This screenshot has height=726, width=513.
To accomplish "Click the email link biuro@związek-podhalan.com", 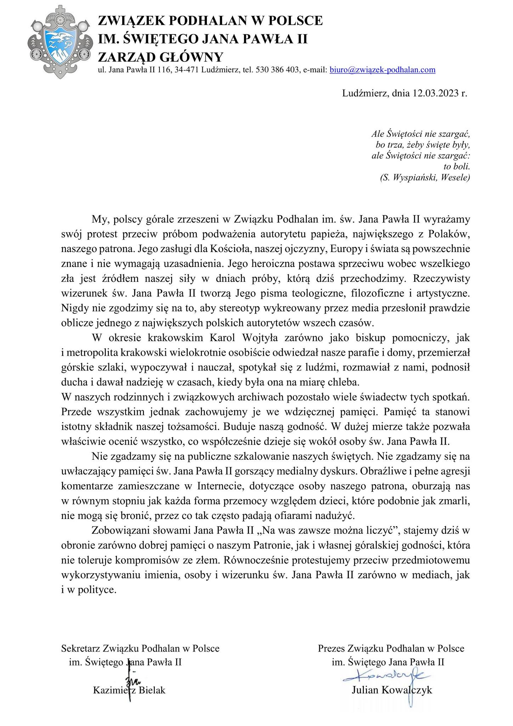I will pos(382,70).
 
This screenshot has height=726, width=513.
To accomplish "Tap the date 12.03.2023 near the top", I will pos(435,93).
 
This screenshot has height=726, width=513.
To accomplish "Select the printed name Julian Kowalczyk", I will pos(392,690).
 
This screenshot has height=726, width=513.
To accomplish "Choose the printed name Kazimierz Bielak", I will pos(129,690).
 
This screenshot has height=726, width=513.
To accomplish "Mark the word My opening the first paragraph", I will pos(99,219).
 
